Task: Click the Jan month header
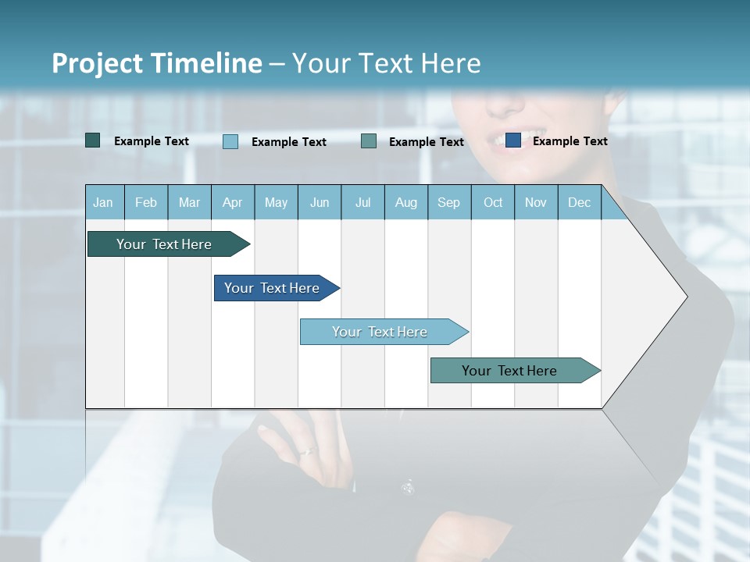point(103,203)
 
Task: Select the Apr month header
point(232,203)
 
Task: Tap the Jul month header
point(362,203)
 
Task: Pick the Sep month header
point(448,203)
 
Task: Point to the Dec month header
point(579,203)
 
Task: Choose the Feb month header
point(146,203)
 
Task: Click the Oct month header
point(493,203)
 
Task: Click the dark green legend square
point(93,140)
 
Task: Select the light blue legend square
point(230,141)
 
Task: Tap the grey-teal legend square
point(369,140)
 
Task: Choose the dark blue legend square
point(513,140)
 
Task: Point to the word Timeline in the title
point(206,63)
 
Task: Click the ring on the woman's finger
point(309,450)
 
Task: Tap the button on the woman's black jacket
point(407,488)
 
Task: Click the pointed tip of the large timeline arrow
point(686,297)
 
